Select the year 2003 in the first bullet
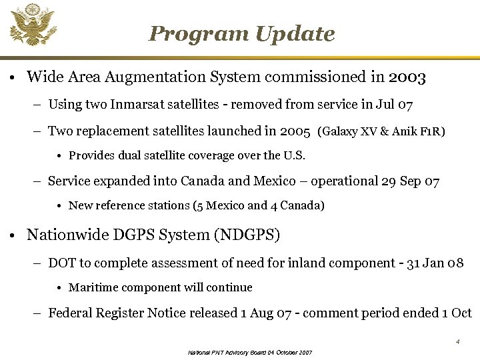(407, 77)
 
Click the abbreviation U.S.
(294, 156)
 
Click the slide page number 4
(458, 341)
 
